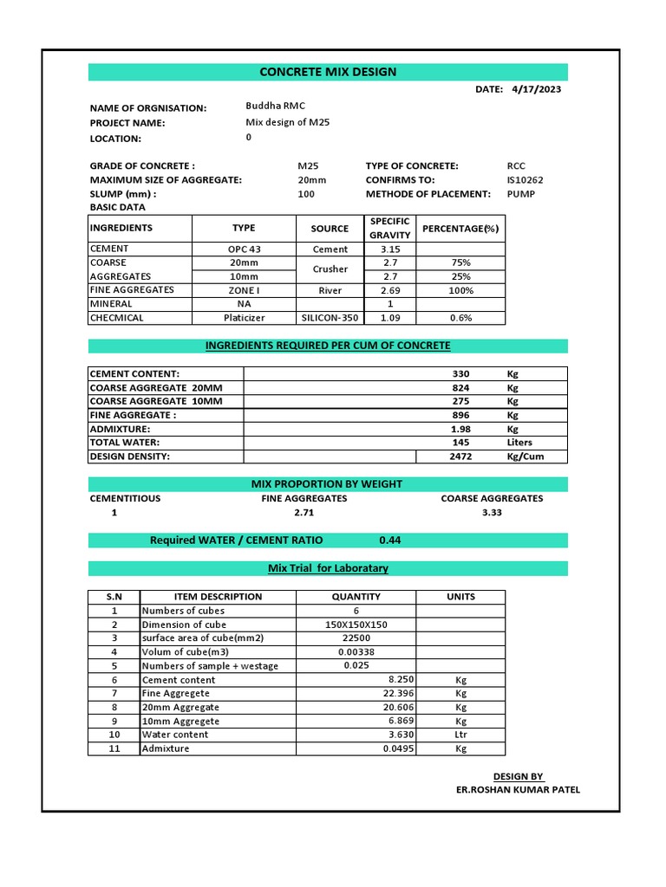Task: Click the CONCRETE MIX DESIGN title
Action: coord(328,72)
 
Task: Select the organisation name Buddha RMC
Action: coord(275,106)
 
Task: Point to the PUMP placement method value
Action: coord(521,194)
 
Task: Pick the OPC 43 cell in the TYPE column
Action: coord(244,249)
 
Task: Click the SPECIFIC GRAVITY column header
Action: coord(389,229)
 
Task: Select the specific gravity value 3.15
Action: coord(389,249)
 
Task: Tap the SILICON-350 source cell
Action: coord(330,318)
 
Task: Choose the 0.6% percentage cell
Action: coord(461,318)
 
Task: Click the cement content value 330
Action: coord(460,374)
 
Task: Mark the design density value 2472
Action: coord(460,456)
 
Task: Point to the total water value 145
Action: coord(460,443)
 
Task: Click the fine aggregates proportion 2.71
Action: coord(304,513)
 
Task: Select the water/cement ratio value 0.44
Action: coord(389,541)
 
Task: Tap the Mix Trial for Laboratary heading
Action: coord(328,568)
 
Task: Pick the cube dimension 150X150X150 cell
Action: coord(356,625)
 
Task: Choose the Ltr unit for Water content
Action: coord(460,735)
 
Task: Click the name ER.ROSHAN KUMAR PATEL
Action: coord(518,790)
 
